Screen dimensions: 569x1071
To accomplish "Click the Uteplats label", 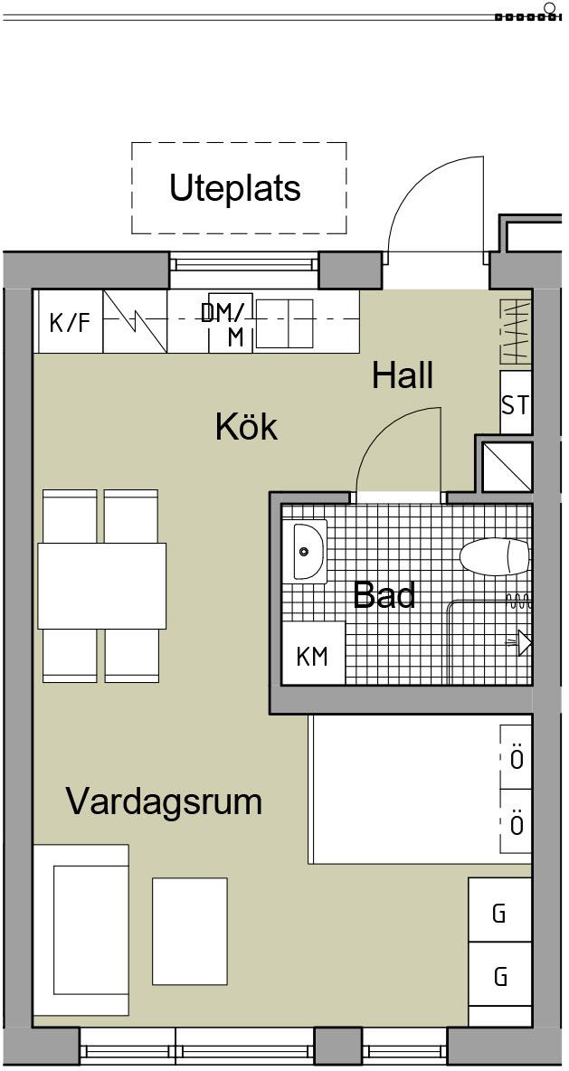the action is point(235,188).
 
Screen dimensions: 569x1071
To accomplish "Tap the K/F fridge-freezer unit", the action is point(69,321).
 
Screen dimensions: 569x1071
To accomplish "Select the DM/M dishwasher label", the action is point(227,324).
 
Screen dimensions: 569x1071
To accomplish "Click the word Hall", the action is point(403,375).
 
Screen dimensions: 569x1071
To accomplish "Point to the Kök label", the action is point(247,427).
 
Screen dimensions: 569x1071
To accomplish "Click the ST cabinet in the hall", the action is point(516,403).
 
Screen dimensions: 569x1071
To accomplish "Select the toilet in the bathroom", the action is point(495,556).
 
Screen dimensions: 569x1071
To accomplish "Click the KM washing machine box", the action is point(314,653).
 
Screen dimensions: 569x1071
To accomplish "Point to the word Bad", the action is point(384,595).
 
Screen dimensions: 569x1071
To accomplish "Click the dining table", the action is point(102,585).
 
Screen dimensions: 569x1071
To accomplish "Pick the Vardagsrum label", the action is point(164,801).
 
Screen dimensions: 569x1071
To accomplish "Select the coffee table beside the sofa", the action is point(190,931).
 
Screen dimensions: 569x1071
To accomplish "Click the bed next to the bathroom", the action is point(420,789).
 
